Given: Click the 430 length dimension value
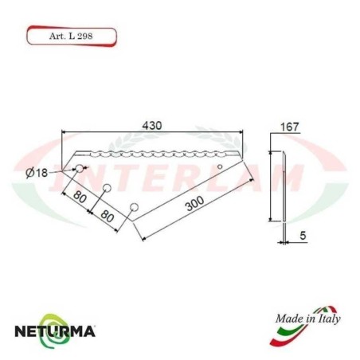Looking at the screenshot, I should coord(152,126).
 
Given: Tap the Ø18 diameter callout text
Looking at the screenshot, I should coord(37,173).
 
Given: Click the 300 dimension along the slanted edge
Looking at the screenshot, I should coord(193,205).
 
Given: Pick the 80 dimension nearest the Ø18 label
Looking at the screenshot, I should coord(80,195).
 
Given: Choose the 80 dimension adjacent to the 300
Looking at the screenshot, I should coord(108,216).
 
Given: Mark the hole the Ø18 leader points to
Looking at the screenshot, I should coord(80,169).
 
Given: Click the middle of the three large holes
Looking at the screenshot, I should coord(106,188).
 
